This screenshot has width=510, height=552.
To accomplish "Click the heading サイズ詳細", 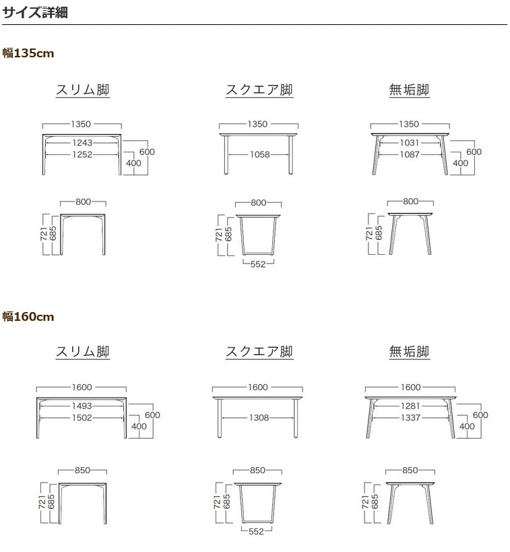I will pyautogui.click(x=35, y=12).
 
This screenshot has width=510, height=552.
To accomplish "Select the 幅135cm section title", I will pyautogui.click(x=28, y=53).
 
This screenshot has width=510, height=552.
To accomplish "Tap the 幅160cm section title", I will pyautogui.click(x=28, y=317).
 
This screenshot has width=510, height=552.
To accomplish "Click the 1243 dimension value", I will pyautogui.click(x=82, y=143).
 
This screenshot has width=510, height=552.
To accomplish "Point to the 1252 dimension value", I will pyautogui.click(x=82, y=154).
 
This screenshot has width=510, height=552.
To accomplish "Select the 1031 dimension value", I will pyautogui.click(x=409, y=143).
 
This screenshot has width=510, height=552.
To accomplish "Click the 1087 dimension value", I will pyautogui.click(x=409, y=154).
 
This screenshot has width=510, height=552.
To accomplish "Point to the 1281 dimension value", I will pyautogui.click(x=410, y=406).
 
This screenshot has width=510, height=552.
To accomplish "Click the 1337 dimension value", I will pyautogui.click(x=410, y=417).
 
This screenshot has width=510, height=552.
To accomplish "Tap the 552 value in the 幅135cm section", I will pyautogui.click(x=258, y=264).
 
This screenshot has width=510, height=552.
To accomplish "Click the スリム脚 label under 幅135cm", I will pyautogui.click(x=82, y=90).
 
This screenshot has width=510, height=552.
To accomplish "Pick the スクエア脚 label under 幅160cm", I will pyautogui.click(x=259, y=352).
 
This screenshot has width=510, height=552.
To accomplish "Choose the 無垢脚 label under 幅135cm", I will pyautogui.click(x=409, y=90).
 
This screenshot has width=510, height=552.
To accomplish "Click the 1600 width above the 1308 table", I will pyautogui.click(x=258, y=388).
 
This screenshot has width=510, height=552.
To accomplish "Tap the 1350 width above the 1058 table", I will pyautogui.click(x=258, y=124).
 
